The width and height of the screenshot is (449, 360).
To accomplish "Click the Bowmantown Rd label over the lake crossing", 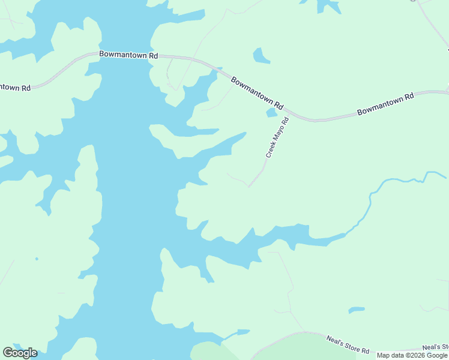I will (x=128, y=55).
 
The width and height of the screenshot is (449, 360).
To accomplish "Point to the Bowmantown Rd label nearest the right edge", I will (x=385, y=104).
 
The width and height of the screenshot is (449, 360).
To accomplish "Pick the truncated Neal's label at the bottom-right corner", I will (x=435, y=347).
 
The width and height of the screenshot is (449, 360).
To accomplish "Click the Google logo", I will (x=20, y=353).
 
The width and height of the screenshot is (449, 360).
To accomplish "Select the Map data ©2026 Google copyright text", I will (x=412, y=355).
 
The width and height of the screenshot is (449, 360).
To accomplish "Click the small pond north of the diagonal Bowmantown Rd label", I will (x=261, y=56).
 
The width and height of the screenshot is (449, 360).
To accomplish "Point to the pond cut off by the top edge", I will (x=328, y=5).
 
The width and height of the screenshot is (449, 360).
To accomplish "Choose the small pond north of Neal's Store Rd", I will (x=356, y=310).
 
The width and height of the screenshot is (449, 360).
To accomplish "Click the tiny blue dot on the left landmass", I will (x=37, y=259).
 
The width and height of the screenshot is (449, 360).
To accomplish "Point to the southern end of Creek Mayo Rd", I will (x=249, y=187).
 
